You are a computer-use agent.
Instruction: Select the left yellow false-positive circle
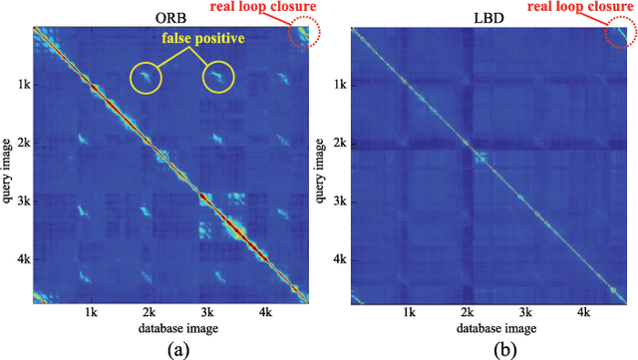pyautogui.click(x=147, y=77)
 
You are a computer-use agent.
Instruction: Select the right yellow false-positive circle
pyautogui.click(x=220, y=77)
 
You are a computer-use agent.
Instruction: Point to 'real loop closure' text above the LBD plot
pyautogui.click(x=581, y=9)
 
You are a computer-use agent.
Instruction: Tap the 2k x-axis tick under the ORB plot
pyautogui.click(x=149, y=312)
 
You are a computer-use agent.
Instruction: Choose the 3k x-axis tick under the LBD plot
pyautogui.click(x=522, y=312)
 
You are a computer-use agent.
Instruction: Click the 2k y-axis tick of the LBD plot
pyautogui.click(x=339, y=144)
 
